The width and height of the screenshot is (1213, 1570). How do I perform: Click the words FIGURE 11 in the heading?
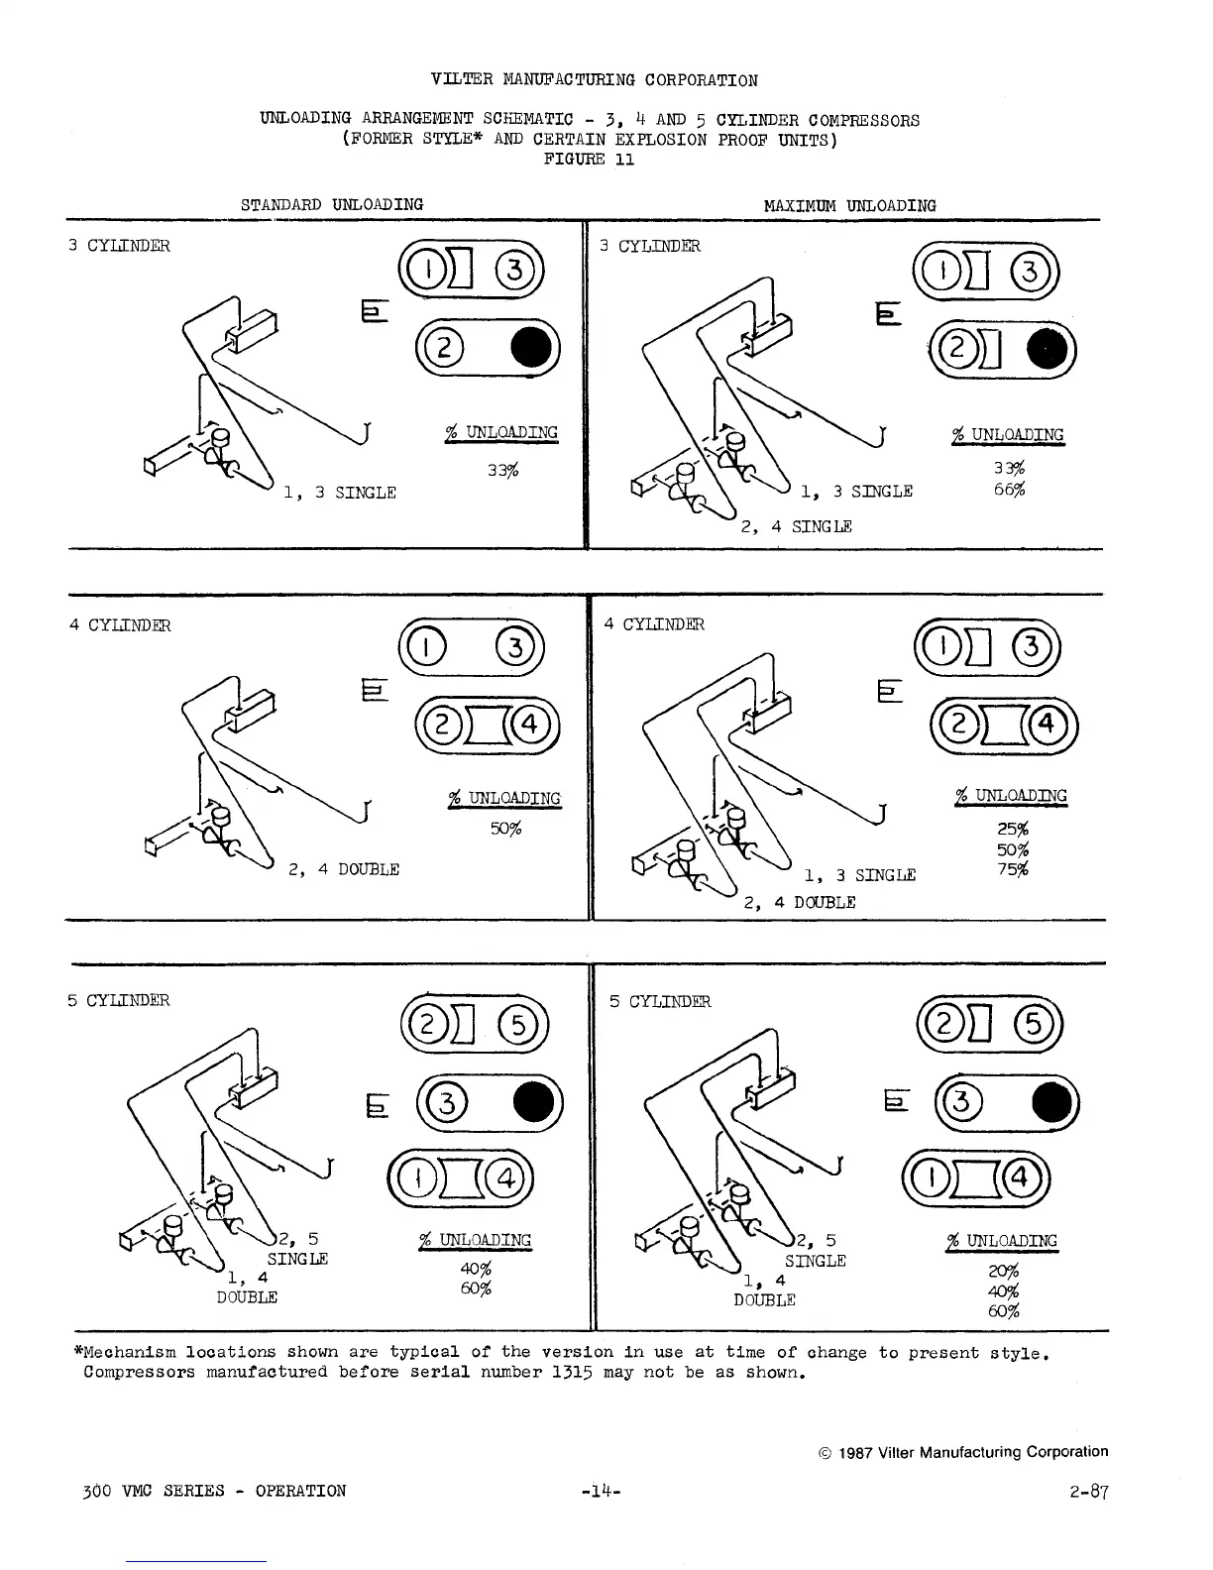590,160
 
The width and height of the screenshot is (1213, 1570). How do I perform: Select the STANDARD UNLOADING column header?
332,204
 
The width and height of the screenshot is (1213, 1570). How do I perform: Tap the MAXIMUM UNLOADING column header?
849,206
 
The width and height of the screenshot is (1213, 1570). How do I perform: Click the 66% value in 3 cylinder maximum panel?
1009,490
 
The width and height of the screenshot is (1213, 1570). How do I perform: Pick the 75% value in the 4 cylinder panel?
1012,870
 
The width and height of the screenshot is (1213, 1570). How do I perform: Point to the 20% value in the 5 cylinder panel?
1003,1272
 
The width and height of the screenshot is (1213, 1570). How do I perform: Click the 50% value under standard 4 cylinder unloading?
505,828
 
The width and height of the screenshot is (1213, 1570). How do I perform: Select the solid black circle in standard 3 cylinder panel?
531,344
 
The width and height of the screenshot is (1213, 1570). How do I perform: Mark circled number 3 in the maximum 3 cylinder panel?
1033,270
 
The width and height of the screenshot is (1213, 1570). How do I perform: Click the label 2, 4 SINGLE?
797,526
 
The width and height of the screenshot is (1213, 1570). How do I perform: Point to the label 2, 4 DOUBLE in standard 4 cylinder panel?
344,869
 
